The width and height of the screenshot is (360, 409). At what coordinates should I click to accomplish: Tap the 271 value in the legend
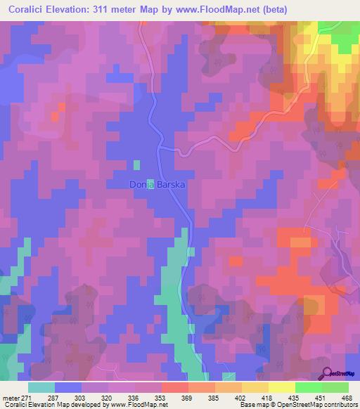coord(27,397)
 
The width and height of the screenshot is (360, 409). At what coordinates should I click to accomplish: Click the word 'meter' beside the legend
coord(11,397)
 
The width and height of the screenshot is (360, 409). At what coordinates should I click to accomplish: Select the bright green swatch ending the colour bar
coord(335,387)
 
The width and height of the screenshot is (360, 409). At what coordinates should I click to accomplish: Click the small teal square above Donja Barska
coord(136,164)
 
